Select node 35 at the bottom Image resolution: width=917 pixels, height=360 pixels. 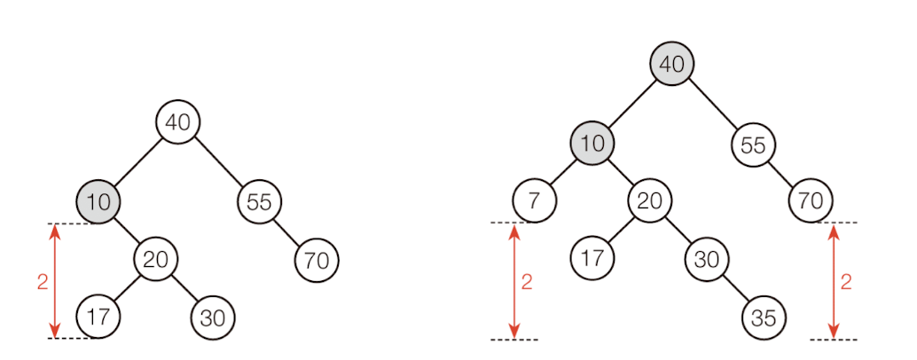(x=764, y=317)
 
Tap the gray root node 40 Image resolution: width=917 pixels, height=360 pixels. (x=671, y=64)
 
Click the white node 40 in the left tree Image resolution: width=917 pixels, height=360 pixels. (x=178, y=122)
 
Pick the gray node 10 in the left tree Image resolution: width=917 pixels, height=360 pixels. (x=98, y=201)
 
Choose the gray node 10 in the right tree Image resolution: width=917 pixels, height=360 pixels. (x=592, y=144)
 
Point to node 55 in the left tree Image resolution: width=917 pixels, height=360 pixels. (x=259, y=201)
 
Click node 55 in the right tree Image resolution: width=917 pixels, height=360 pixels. (x=753, y=144)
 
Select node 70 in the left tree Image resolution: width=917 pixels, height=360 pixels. (x=317, y=260)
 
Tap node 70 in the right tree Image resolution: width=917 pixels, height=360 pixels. (x=810, y=201)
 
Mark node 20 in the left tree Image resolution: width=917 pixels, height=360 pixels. (x=156, y=260)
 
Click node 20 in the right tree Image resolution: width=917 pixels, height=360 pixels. (x=649, y=201)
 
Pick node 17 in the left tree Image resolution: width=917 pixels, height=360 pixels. (x=98, y=317)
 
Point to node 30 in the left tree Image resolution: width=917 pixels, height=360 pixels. (x=213, y=317)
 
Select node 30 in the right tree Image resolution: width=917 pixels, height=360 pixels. (x=707, y=260)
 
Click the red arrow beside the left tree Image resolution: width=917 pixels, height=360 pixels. (x=55, y=281)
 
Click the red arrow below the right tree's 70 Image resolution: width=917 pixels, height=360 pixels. (x=834, y=281)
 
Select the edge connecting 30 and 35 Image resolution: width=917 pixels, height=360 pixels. (x=735, y=288)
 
